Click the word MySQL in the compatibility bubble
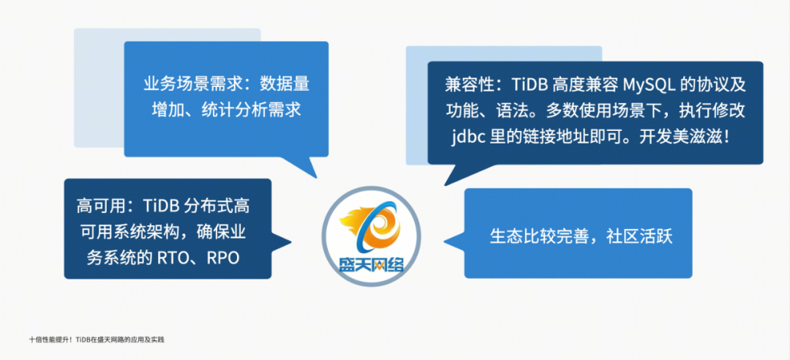[x=647, y=84]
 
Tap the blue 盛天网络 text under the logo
[x=372, y=263]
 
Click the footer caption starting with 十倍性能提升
[x=97, y=340]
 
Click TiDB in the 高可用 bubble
[x=160, y=206]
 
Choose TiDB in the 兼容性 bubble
[x=529, y=84]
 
